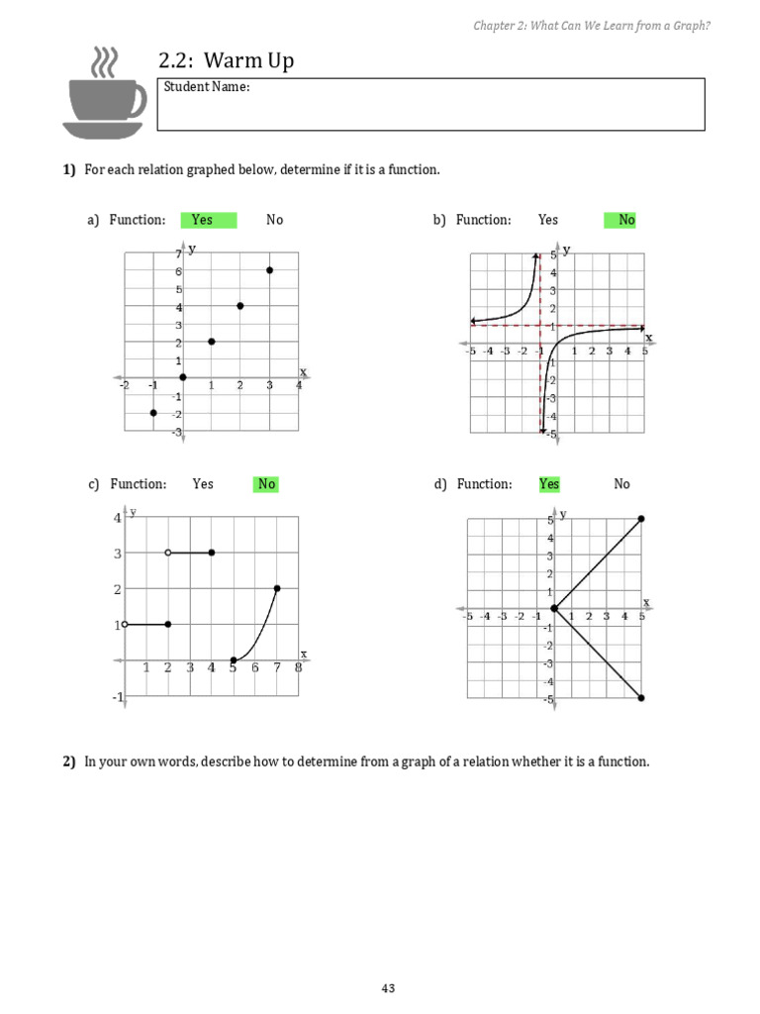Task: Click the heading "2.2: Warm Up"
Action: [226, 61]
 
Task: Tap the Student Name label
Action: [207, 87]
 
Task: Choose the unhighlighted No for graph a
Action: [274, 220]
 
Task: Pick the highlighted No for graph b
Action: [625, 220]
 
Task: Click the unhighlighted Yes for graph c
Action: [203, 484]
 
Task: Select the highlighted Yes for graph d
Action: [549, 484]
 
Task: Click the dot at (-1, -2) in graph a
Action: [153, 412]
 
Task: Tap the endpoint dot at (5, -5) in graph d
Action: [641, 698]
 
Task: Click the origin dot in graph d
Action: [554, 609]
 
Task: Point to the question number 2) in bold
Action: [69, 761]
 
